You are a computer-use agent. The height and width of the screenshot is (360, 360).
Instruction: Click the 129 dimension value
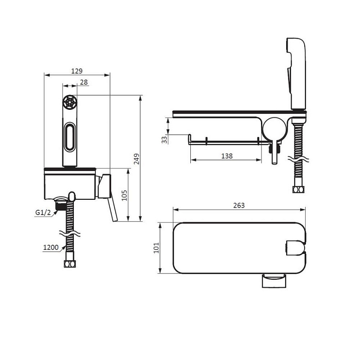(76, 71)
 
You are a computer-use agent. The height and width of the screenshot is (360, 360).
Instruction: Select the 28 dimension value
(84, 82)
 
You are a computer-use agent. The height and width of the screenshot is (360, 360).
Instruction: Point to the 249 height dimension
(137, 159)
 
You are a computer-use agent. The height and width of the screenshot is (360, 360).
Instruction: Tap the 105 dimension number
(124, 195)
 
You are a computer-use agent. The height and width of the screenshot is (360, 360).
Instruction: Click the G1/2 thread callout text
(43, 212)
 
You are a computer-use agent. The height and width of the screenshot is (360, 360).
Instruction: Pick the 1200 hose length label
(51, 247)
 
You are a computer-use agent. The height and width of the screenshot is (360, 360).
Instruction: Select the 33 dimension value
(164, 140)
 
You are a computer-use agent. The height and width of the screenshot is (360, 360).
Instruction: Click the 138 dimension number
(227, 156)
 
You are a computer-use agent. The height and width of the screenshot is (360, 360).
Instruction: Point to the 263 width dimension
(239, 206)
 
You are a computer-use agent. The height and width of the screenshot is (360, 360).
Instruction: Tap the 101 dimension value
(156, 248)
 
